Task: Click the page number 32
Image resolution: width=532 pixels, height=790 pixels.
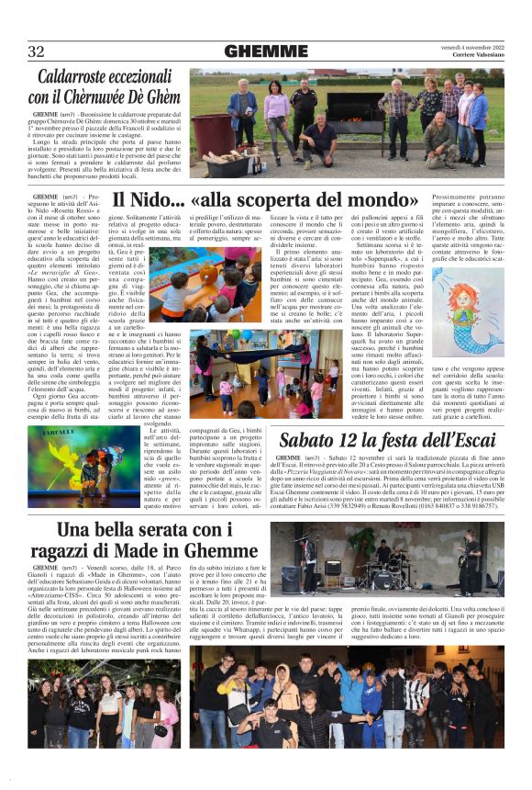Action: (x=36, y=51)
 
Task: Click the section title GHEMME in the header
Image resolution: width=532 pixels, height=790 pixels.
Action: (x=265, y=51)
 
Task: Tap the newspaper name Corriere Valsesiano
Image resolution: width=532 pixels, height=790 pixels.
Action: (x=477, y=56)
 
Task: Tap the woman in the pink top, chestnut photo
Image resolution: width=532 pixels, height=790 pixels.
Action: (x=276, y=109)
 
